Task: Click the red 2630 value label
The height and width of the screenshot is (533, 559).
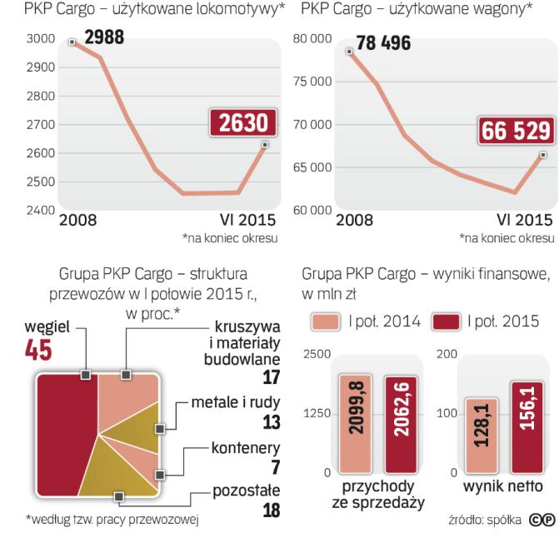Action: coord(243,124)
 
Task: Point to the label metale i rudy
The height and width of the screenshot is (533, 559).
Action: coord(237,403)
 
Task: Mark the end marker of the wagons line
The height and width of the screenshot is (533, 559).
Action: coord(542,154)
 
